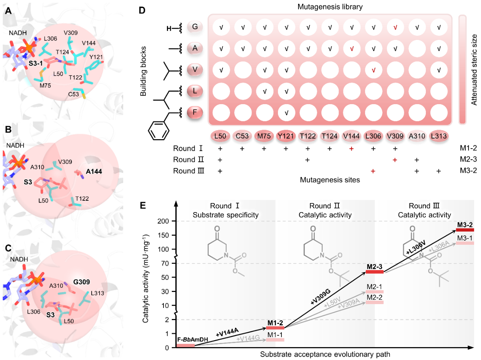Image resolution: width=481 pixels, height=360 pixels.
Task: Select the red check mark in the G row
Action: pos(395,27)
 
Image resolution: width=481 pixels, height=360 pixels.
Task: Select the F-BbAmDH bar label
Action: pos(186,339)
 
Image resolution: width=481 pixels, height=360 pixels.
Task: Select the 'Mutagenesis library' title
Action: pos(329,6)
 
